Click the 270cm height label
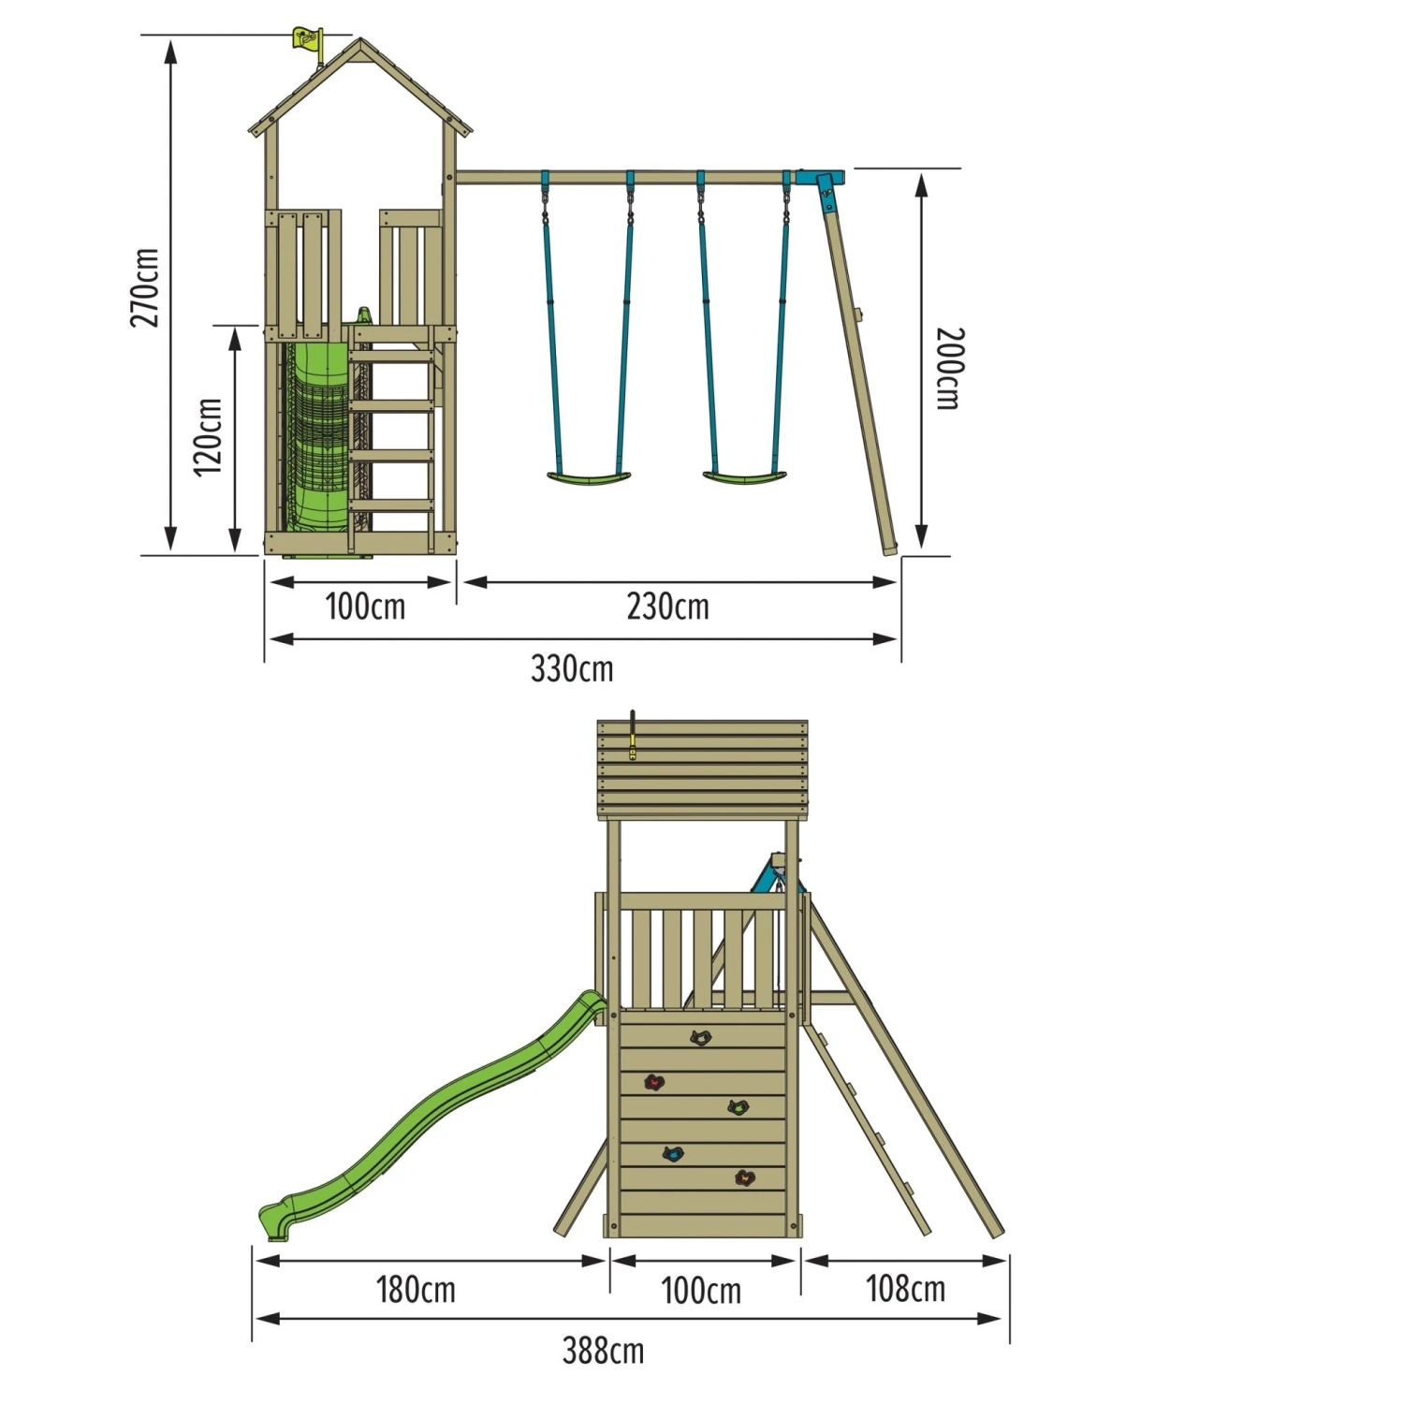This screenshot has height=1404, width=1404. (x=144, y=287)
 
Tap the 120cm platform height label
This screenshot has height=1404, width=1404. (x=208, y=437)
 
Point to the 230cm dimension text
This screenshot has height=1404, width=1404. (x=667, y=607)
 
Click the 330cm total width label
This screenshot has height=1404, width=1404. (x=572, y=668)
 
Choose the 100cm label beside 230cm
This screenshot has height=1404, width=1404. (x=365, y=607)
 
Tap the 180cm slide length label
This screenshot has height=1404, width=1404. (x=416, y=1290)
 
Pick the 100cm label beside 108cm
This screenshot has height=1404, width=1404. (x=701, y=1291)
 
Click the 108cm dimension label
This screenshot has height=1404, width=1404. (x=905, y=1289)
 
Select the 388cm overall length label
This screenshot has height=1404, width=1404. (x=603, y=1351)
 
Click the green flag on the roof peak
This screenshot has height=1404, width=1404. (x=307, y=39)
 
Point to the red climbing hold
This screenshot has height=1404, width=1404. (x=654, y=1083)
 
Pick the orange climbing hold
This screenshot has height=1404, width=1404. (x=744, y=1178)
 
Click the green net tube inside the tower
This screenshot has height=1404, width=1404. (x=315, y=431)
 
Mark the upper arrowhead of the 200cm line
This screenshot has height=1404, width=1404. (x=922, y=183)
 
